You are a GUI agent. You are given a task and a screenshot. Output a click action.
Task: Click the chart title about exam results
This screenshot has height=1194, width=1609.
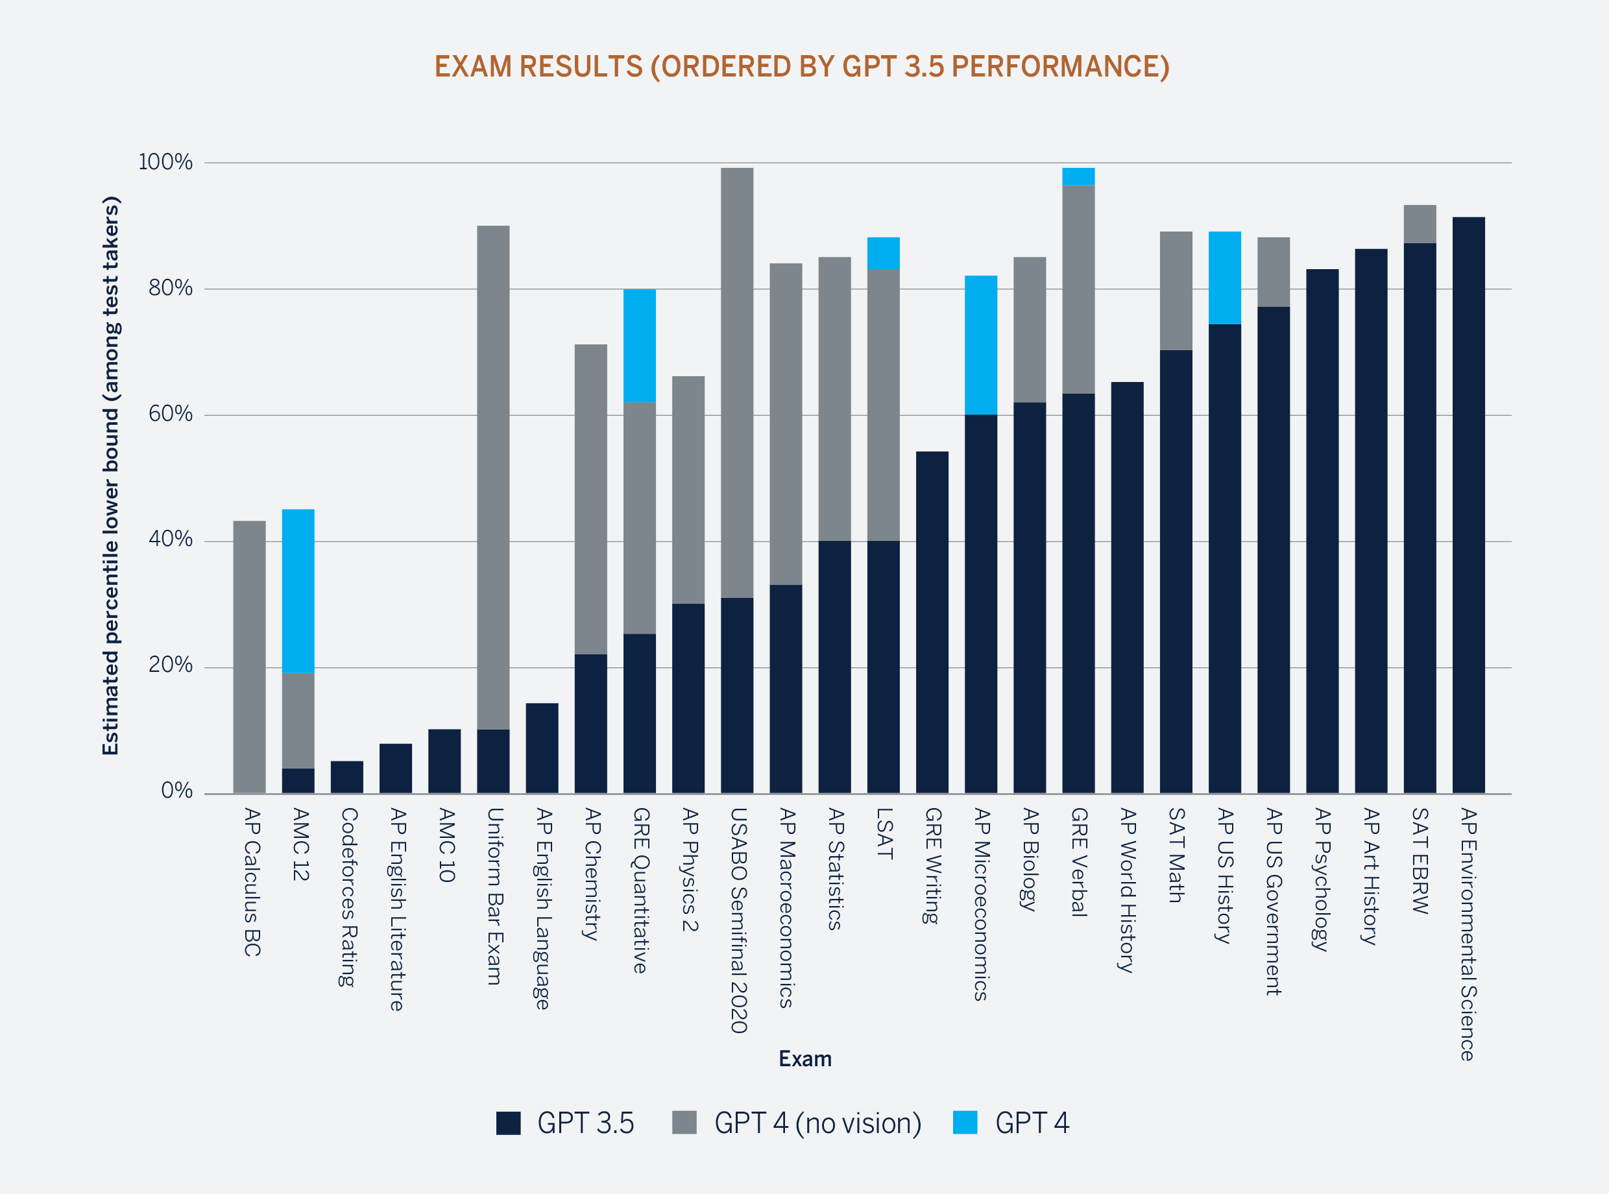[x=802, y=67]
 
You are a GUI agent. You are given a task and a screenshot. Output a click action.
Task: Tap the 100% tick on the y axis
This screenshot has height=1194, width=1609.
[x=165, y=162]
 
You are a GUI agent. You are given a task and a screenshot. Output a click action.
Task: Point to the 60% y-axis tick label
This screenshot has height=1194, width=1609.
[x=171, y=414]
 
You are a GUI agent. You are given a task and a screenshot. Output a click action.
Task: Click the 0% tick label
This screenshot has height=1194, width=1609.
[x=176, y=791]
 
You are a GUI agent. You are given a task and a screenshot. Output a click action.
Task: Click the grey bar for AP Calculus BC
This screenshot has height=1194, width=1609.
[x=249, y=656]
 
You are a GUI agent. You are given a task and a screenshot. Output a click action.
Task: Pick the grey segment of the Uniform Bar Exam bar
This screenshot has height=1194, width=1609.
[x=493, y=477]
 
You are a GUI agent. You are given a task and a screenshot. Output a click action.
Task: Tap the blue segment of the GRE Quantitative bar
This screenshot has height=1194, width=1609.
[x=640, y=346]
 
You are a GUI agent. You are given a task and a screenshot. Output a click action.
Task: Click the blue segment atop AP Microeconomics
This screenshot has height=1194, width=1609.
[x=981, y=345]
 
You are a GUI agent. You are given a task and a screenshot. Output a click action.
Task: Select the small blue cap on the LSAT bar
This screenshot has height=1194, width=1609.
[x=883, y=253]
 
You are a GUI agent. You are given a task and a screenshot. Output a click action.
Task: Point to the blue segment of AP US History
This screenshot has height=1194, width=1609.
[x=1224, y=278]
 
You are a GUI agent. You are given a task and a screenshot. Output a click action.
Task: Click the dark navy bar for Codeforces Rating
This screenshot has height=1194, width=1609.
[x=347, y=777]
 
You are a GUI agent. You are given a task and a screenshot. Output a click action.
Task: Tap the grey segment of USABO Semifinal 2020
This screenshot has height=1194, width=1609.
[x=736, y=383]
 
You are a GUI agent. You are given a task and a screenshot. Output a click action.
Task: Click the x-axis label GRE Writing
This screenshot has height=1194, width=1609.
[x=932, y=865]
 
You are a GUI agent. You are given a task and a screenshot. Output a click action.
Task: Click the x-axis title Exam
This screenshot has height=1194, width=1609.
[x=804, y=1059]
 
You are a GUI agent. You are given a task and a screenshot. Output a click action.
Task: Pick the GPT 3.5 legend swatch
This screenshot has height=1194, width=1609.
[x=508, y=1123]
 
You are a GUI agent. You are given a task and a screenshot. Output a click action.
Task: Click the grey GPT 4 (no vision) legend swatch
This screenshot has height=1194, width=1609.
[x=684, y=1123]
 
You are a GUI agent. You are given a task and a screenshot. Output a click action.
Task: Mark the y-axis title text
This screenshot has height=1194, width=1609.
[x=110, y=475]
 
